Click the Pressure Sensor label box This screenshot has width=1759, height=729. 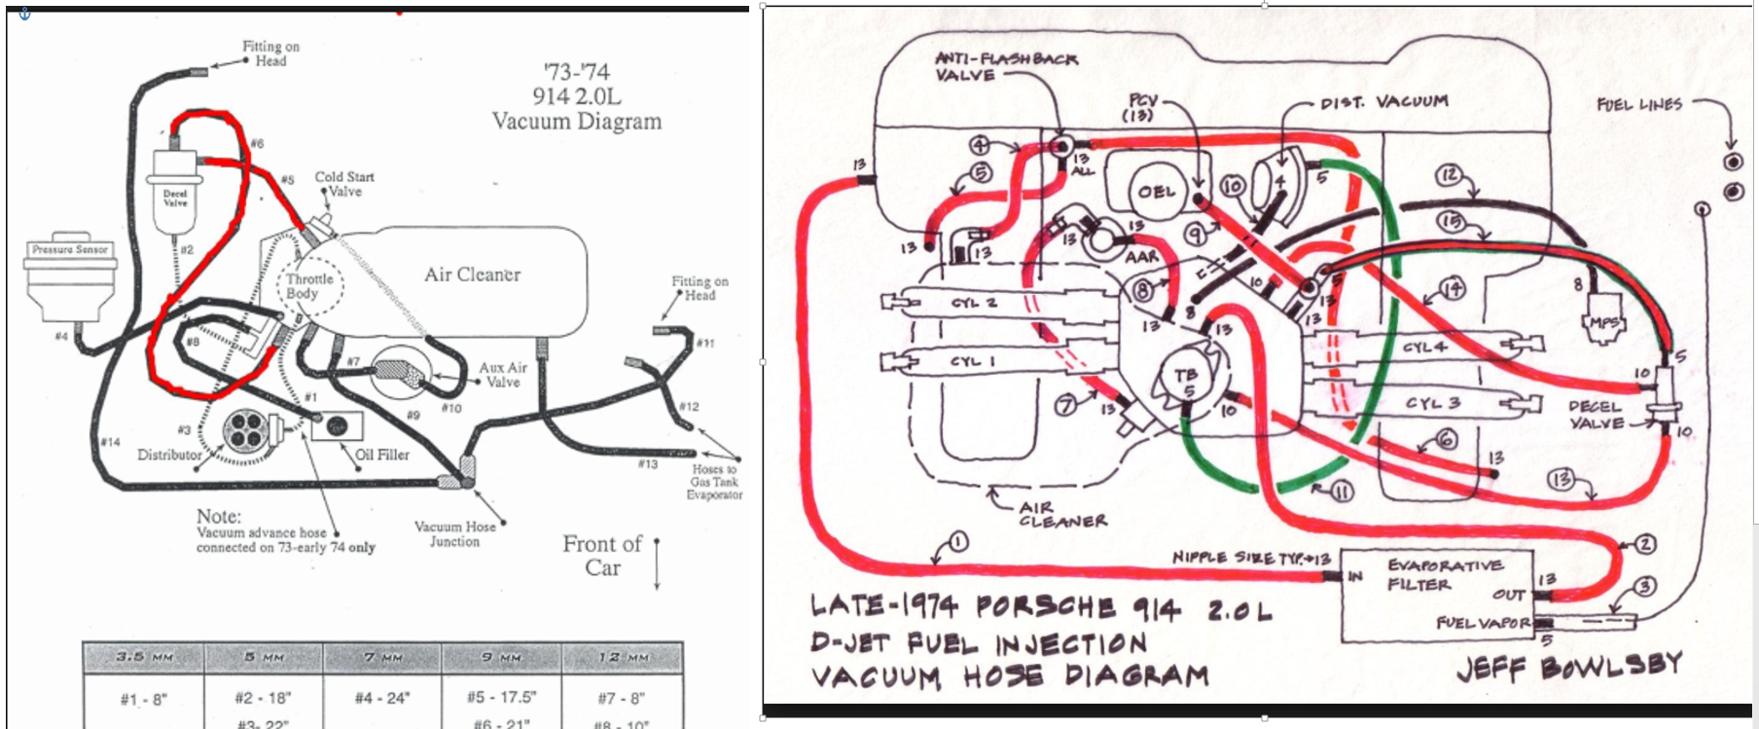pyautogui.click(x=69, y=250)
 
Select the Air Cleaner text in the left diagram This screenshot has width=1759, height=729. pyautogui.click(x=472, y=275)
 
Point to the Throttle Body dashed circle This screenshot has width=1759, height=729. pyautogui.click(x=309, y=286)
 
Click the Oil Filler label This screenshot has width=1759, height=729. pyautogui.click(x=382, y=455)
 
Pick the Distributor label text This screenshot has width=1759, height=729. pyautogui.click(x=169, y=455)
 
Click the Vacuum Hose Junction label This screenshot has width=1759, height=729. pyautogui.click(x=454, y=533)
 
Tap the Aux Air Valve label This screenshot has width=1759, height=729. pyautogui.click(x=503, y=375)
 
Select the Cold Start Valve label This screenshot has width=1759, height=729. pyautogui.click(x=344, y=184)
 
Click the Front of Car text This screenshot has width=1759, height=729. pyautogui.click(x=602, y=556)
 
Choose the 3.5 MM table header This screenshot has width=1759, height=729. pyautogui.click(x=144, y=657)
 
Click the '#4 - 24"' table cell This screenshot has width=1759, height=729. pyautogui.click(x=383, y=698)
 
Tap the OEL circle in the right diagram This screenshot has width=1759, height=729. pyautogui.click(x=1158, y=192)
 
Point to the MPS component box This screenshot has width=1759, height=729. pyautogui.click(x=1603, y=322)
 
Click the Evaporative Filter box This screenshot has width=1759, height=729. pyautogui.click(x=1438, y=594)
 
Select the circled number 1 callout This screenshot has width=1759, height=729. pyautogui.click(x=958, y=542)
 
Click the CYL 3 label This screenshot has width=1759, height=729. pyautogui.click(x=1432, y=403)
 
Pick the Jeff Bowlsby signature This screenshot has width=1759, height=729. pyautogui.click(x=1568, y=667)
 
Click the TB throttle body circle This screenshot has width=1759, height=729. pyautogui.click(x=1186, y=381)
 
